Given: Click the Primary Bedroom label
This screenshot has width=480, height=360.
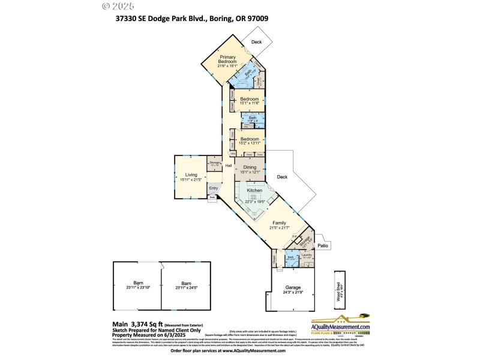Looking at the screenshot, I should pos(227,59).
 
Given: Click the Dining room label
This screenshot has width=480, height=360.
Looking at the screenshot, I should pos(249,167).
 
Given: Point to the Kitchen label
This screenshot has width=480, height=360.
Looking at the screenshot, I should pos(255,190).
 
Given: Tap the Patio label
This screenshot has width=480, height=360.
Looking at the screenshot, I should pos(322,245).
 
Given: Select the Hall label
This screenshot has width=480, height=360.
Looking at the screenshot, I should pos(229,166).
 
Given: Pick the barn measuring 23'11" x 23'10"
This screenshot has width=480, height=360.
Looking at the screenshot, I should pos(138,286).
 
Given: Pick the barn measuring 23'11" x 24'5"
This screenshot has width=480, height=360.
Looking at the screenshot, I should pos(186,286).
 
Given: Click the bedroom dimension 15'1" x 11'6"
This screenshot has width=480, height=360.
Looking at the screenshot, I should pos(249,104).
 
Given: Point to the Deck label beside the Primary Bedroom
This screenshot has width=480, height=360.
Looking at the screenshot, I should pos(257,41).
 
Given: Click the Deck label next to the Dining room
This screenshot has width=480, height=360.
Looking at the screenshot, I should pos(283,177).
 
